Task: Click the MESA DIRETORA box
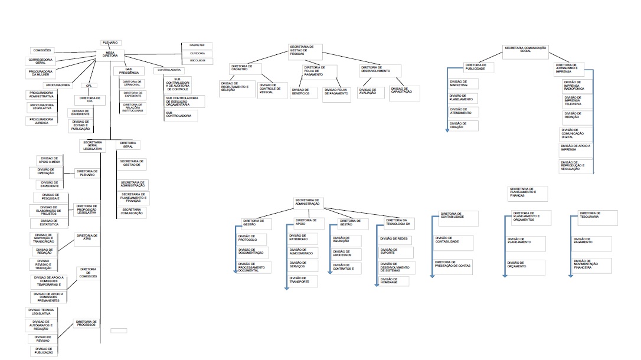coord(110,54)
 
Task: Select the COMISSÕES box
coord(43,50)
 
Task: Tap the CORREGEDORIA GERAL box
coord(42,61)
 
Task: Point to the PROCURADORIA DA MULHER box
coord(42,73)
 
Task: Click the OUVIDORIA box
coord(197,53)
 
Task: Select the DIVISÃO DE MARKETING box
coord(462,84)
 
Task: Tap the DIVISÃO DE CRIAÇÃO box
coord(462,125)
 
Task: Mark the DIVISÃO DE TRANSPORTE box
coord(303,280)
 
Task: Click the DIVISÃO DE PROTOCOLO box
coord(251,239)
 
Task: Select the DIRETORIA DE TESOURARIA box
coord(596,216)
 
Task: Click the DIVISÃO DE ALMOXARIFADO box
coord(303,252)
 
